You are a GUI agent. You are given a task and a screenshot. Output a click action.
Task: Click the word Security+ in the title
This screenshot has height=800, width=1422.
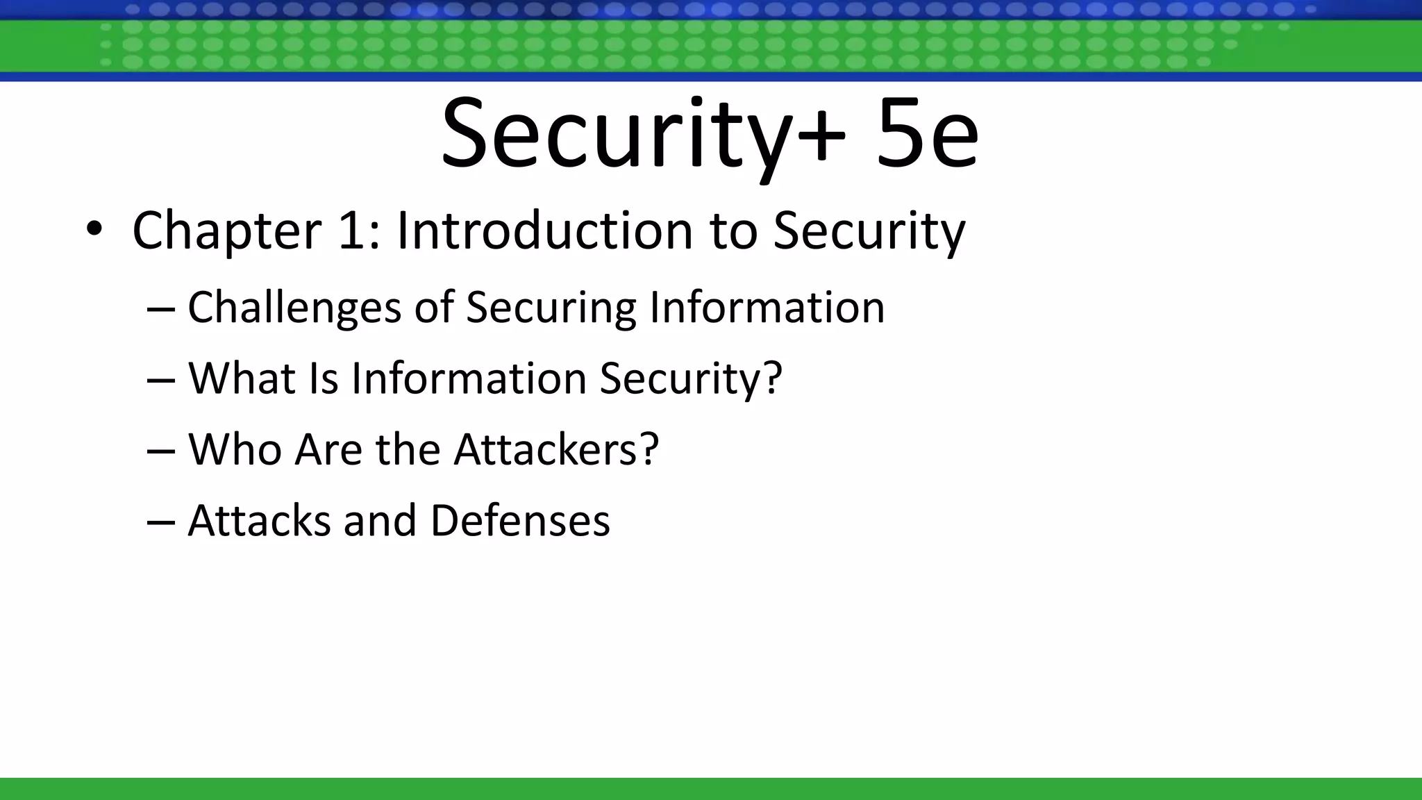point(643,135)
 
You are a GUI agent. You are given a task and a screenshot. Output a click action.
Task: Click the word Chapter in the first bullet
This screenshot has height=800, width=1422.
point(226,231)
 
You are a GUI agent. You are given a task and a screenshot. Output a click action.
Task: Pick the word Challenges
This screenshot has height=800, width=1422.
point(294,308)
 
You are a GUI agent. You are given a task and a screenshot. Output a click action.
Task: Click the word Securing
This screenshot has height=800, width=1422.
point(551,308)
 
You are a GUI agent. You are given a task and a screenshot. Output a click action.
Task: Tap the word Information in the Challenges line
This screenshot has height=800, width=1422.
point(767,307)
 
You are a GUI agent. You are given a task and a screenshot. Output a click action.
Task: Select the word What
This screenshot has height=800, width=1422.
point(242,378)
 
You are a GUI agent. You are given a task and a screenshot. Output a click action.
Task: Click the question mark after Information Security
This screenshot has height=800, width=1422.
point(771,378)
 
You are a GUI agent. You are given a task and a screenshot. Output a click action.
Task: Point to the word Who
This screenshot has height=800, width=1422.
point(235,449)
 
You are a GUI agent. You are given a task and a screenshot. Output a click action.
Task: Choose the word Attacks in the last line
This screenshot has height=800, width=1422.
point(259,521)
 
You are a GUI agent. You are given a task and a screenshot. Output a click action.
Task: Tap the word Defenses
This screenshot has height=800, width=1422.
point(520,521)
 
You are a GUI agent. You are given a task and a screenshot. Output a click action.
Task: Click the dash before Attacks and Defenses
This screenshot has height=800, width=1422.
point(160,522)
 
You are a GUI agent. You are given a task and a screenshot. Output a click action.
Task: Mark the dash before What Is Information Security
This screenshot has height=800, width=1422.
point(160,381)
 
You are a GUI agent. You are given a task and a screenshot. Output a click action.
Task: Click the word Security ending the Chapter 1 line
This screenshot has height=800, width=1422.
point(869,231)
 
